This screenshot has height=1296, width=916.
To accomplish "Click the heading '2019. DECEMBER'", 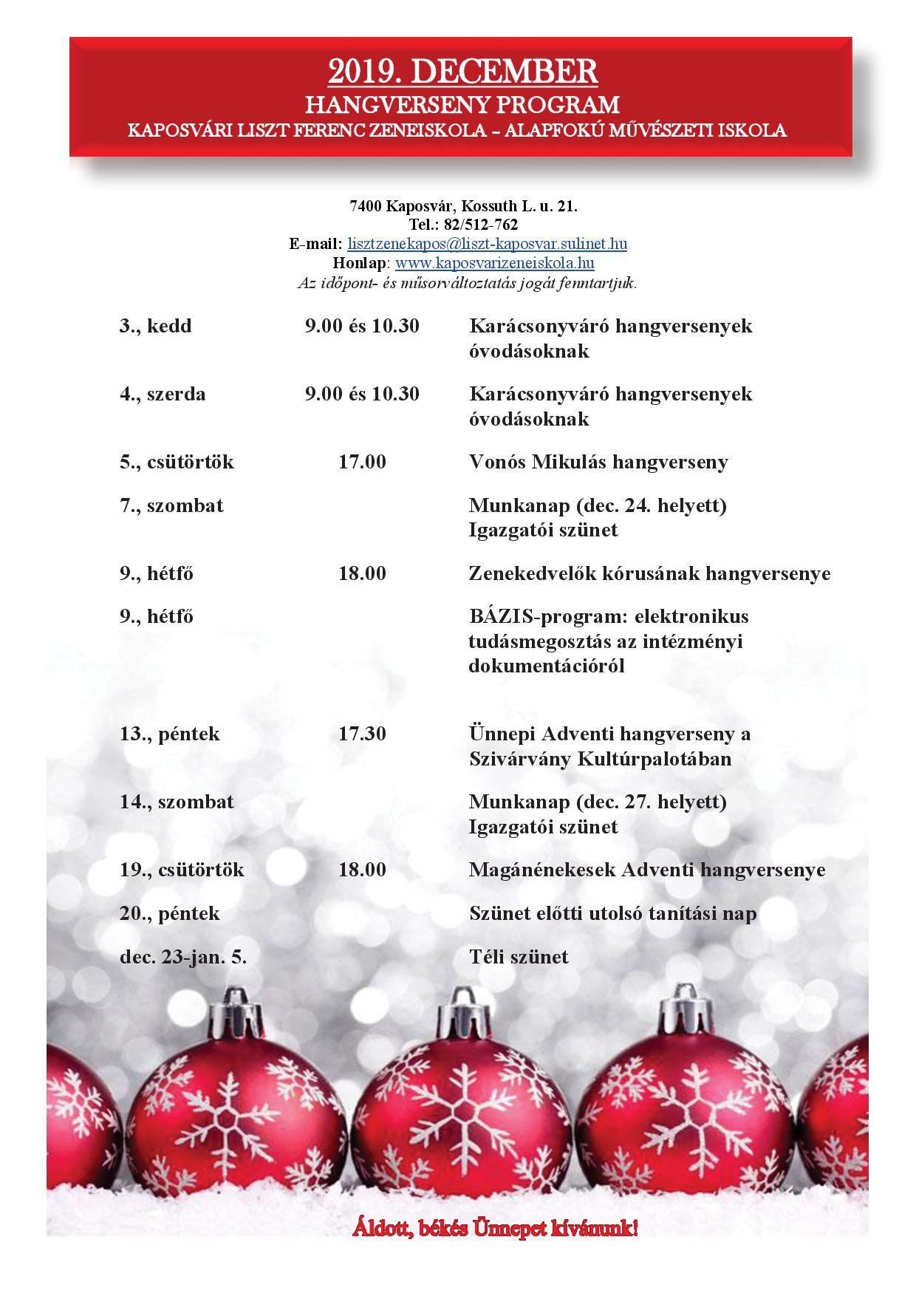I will tap(462, 72).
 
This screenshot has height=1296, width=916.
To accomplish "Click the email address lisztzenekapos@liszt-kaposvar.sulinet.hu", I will tap(487, 244).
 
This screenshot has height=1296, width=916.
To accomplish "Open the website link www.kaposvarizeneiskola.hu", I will tap(494, 263).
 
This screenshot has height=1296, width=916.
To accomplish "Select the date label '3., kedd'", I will tap(155, 326).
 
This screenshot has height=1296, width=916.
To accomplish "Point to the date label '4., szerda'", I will tap(163, 394).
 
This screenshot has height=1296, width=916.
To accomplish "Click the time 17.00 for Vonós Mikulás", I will tap(362, 463).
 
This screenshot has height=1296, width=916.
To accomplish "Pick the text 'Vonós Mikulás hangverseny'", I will tap(598, 463).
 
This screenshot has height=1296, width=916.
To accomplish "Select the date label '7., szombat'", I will tap(171, 506).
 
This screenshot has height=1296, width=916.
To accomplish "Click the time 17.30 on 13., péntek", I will tap(362, 734).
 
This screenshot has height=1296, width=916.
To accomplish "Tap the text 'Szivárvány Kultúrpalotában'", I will tap(600, 760).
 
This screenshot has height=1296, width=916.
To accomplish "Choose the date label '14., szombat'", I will tap(177, 802).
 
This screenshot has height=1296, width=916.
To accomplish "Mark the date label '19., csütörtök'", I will tap(182, 870).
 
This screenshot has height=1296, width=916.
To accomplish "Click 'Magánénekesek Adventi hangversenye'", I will tap(646, 870).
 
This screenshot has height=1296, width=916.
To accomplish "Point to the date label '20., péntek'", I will tap(170, 914).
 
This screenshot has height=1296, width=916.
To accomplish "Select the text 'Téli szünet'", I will tap(519, 958).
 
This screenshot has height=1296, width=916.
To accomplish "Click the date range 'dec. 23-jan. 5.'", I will tap(183, 958).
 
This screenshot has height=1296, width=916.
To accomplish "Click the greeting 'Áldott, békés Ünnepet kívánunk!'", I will tap(495, 1229).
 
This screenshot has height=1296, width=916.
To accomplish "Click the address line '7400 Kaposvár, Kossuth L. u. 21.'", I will tap(463, 206).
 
